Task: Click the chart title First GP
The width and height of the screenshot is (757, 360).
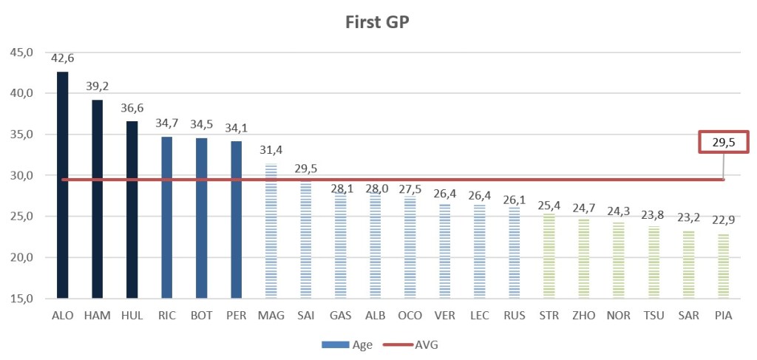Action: point(377,21)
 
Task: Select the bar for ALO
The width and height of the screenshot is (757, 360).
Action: point(63,185)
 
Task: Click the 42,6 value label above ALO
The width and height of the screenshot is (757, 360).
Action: point(63,58)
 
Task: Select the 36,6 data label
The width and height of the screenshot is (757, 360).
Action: point(132,108)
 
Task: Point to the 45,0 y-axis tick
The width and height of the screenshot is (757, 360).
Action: point(21,52)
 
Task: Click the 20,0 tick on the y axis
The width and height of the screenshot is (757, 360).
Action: point(21,257)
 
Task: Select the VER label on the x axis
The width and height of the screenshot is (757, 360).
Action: point(444,316)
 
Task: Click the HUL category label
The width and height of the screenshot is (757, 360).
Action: point(132,316)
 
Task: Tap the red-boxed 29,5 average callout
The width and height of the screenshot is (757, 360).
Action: point(724,143)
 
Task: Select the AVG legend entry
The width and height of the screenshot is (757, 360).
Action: point(411,344)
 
